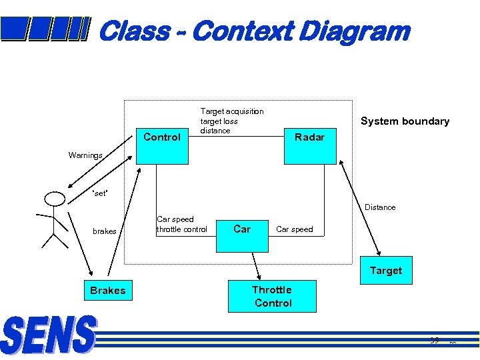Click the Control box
(162, 137)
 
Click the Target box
(386, 271)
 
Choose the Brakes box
(107, 291)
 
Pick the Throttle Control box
(272, 296)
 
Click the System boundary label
(405, 121)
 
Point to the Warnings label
(85, 155)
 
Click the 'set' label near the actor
(99, 194)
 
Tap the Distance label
(380, 207)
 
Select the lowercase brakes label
(105, 231)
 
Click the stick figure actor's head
(53, 198)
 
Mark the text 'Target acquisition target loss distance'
(232, 121)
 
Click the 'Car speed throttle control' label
(181, 224)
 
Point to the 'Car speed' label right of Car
(294, 229)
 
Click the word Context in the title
(244, 31)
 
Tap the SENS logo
(49, 335)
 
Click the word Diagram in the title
(355, 31)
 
